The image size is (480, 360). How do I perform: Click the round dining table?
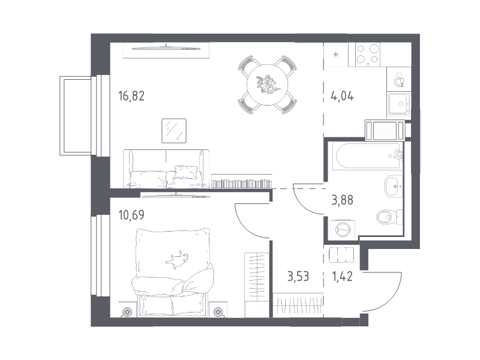(x=267, y=83)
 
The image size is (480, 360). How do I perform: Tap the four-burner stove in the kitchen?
(x=368, y=55)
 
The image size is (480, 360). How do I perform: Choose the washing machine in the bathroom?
(x=343, y=229)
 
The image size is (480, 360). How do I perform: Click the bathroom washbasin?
(x=392, y=185)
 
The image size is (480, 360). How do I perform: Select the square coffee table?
(x=175, y=130)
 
